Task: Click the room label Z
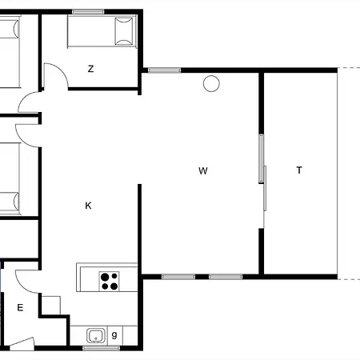90,69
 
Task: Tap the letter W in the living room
203,170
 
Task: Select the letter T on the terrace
299,170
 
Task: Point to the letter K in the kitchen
88,206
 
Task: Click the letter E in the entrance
20,308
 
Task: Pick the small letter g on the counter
114,335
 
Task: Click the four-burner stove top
109,281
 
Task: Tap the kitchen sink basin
96,335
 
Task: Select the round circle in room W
211,83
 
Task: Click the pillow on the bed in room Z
124,31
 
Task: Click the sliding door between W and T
262,174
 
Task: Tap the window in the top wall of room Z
88,12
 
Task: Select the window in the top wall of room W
164,70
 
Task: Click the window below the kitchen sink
101,348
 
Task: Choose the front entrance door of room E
22,343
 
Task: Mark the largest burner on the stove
105,278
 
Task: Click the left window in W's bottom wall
178,277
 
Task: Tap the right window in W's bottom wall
226,277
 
